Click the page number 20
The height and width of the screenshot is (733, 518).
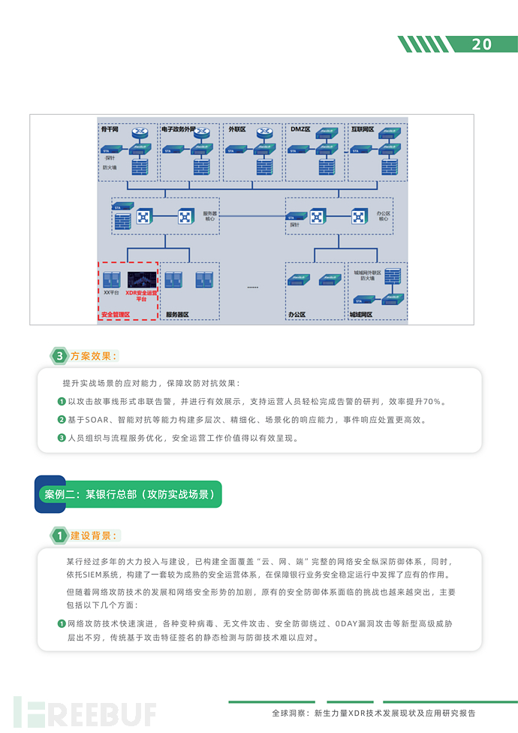pyautogui.click(x=482, y=44)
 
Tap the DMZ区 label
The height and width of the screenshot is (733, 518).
pyautogui.click(x=300, y=129)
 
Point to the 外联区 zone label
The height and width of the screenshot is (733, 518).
pyautogui.click(x=238, y=129)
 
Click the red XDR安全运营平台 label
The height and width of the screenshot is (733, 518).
pyautogui.click(x=141, y=296)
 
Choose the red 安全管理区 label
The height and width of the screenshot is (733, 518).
pyautogui.click(x=116, y=315)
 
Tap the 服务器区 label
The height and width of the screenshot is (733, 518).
pyautogui.click(x=177, y=315)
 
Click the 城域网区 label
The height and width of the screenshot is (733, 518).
pyautogui.click(x=361, y=315)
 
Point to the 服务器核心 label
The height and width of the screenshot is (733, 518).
pyautogui.click(x=210, y=216)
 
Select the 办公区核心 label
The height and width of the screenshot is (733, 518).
pyautogui.click(x=383, y=216)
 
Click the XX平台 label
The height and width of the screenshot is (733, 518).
pyautogui.click(x=112, y=292)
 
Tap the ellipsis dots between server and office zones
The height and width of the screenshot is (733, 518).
pyautogui.click(x=252, y=288)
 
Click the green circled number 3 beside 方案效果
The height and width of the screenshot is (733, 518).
pyautogui.click(x=59, y=355)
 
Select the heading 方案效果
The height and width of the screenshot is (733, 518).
pyautogui.click(x=94, y=355)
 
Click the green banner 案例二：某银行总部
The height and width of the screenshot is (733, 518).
pyautogui.click(x=128, y=495)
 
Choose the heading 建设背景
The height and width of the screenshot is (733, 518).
pyautogui.click(x=94, y=535)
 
